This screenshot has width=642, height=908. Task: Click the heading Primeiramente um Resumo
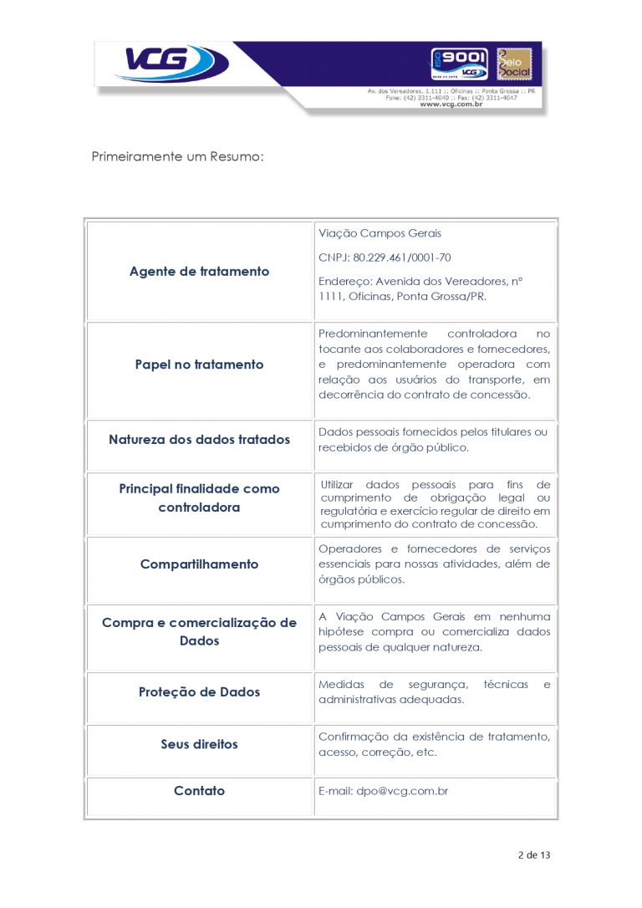pyautogui.click(x=177, y=157)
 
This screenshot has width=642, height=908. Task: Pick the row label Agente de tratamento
pyautogui.click(x=199, y=272)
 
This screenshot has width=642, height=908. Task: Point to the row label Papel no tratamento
pyautogui.click(x=199, y=365)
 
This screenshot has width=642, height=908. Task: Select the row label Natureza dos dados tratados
pyautogui.click(x=199, y=440)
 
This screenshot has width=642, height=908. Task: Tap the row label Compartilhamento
pyautogui.click(x=199, y=564)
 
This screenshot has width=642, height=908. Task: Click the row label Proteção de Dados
pyautogui.click(x=199, y=692)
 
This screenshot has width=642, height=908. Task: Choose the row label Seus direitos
pyautogui.click(x=199, y=744)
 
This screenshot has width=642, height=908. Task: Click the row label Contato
pyautogui.click(x=199, y=791)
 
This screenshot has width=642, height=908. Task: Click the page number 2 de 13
pyautogui.click(x=534, y=855)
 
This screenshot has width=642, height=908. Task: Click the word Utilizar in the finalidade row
pyautogui.click(x=338, y=485)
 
